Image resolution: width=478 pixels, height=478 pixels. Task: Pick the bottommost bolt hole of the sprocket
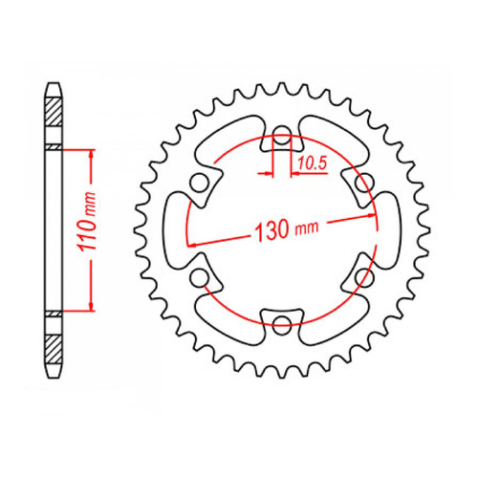coord(282,324)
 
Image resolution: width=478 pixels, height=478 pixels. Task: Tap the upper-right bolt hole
coord(363,182)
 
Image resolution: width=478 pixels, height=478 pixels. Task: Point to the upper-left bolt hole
coord(200,182)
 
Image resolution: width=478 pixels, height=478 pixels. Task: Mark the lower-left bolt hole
coord(200,277)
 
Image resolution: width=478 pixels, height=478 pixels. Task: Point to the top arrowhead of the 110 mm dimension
coord(92,154)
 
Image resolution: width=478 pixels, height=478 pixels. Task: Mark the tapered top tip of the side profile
coord(54,89)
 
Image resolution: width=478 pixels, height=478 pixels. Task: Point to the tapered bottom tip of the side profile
coord(54,370)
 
